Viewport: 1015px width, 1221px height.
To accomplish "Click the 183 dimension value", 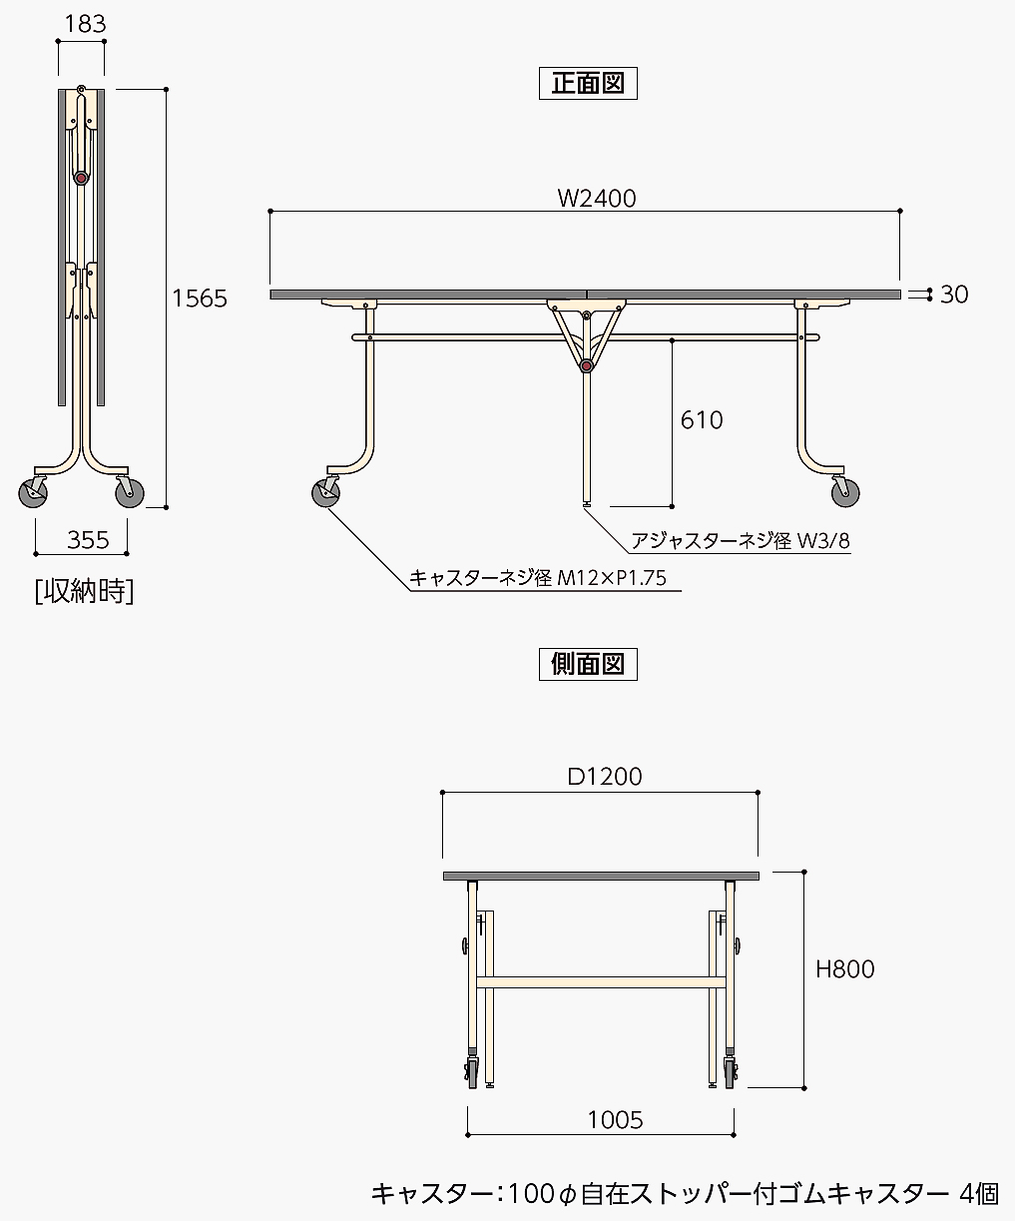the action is click(x=86, y=24).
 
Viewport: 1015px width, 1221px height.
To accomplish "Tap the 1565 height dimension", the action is click(x=200, y=299).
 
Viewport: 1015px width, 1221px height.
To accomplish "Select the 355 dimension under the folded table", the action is click(x=88, y=540).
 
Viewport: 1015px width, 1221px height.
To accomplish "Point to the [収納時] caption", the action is click(x=84, y=591).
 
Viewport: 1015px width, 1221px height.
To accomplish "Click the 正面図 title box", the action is click(x=588, y=83).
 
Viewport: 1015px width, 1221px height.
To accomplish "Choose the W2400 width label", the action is click(x=597, y=199).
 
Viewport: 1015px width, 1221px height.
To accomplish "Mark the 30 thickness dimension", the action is click(x=954, y=295).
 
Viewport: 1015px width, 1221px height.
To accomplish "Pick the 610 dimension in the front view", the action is click(x=702, y=420).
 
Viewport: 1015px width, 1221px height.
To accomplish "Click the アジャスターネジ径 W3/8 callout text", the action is click(x=741, y=541).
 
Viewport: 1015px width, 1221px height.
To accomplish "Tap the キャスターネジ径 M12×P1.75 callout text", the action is click(x=537, y=578).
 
